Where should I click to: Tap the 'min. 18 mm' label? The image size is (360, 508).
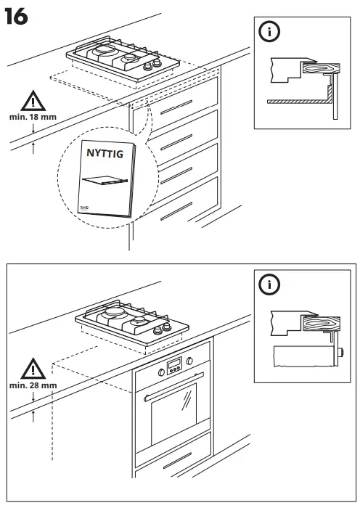click(31, 116)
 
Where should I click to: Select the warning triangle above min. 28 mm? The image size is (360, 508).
click(32, 369)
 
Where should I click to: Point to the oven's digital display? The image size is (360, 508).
click(173, 365)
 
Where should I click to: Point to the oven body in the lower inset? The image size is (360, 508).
click(305, 357)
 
